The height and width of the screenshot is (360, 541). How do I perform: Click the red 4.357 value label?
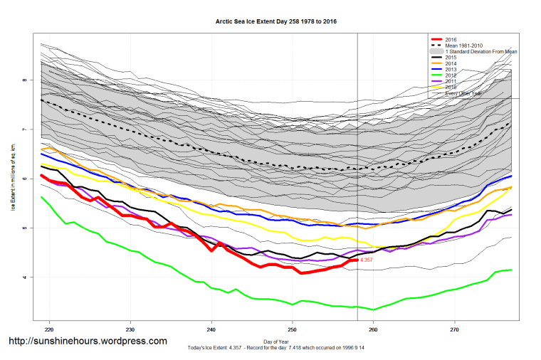(367, 260)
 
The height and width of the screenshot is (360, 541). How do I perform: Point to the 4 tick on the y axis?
(24, 277)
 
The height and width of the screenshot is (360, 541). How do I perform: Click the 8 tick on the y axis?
(24, 80)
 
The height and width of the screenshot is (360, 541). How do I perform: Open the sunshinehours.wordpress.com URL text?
(88, 342)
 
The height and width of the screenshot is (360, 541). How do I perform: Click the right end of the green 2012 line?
(511, 270)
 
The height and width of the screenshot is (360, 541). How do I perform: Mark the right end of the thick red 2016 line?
(357, 260)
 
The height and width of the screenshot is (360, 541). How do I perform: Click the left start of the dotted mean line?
(42, 100)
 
